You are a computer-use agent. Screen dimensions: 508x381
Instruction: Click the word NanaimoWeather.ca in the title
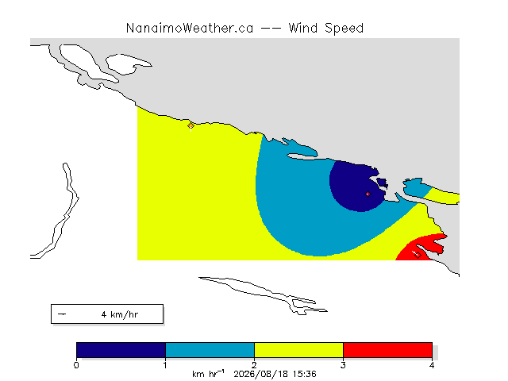(190, 29)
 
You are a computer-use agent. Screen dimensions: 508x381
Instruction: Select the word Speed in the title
(344, 29)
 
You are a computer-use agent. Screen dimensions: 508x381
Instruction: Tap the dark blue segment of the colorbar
(121, 350)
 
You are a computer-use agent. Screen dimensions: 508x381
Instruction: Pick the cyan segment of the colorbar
(210, 350)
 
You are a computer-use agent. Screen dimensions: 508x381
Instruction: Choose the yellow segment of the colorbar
(298, 350)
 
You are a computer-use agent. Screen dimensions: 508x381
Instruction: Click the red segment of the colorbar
(387, 350)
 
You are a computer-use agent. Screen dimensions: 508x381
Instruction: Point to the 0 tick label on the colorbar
(76, 365)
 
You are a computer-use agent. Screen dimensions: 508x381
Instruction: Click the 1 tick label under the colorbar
(165, 365)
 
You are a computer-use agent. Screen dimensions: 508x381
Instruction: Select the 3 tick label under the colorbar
(343, 365)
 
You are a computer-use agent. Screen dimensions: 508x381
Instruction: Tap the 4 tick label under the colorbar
(432, 365)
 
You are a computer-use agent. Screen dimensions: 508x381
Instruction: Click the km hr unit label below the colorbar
(208, 374)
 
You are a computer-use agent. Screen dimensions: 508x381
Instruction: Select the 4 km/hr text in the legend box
(120, 314)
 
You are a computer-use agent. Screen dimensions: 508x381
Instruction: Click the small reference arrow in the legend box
(62, 314)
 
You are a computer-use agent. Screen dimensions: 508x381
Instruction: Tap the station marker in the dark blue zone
(368, 194)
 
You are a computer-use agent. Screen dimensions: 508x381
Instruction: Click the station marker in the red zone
(418, 255)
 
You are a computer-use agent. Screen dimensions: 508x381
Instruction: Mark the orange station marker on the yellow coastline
(190, 125)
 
